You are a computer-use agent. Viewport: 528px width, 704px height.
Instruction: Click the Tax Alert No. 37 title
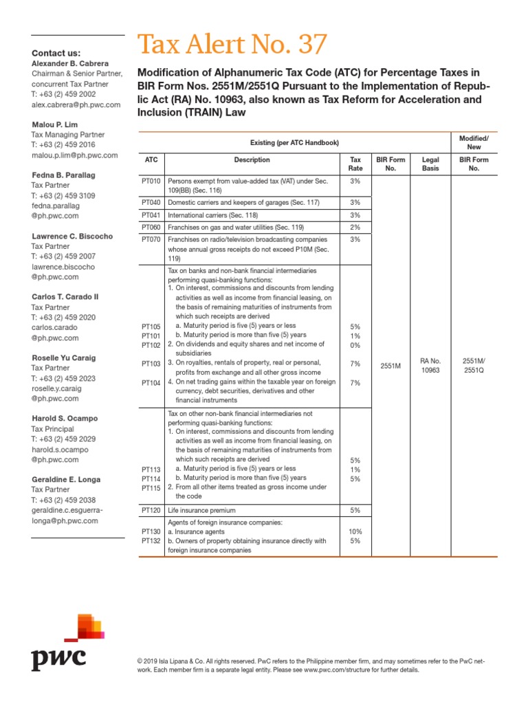(x=232, y=45)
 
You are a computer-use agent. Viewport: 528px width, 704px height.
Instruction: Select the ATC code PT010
(x=151, y=181)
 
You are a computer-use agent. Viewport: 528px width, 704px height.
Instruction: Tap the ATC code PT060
(x=151, y=227)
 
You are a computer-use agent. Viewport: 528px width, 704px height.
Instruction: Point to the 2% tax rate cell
(x=355, y=227)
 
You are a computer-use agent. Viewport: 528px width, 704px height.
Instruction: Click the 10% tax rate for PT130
(x=355, y=531)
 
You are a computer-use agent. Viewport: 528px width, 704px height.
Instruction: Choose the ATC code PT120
(x=151, y=511)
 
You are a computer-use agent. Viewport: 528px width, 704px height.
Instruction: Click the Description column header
(x=252, y=159)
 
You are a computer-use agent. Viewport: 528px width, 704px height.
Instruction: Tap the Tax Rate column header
(x=355, y=164)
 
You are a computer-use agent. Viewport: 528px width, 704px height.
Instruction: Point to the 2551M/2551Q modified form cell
(x=474, y=365)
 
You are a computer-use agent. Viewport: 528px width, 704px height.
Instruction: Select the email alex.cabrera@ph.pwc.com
(x=76, y=104)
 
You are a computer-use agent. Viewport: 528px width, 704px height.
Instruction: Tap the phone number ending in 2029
(x=63, y=439)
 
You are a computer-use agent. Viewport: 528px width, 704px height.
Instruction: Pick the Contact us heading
(x=56, y=53)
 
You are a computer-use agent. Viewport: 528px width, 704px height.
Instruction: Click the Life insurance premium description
(x=202, y=511)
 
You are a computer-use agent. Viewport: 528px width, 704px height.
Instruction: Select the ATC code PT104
(x=151, y=382)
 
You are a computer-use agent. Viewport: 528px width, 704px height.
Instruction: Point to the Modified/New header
(x=474, y=142)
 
